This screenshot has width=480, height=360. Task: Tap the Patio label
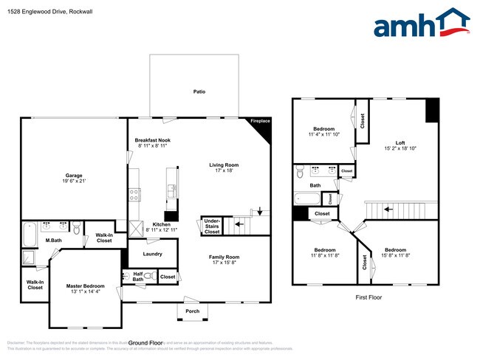coord(199,91)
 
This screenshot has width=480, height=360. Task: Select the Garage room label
coord(73,176)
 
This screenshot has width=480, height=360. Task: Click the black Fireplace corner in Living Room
coord(261,128)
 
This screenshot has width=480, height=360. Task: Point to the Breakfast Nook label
coord(153,140)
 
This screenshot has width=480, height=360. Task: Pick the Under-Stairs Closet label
coord(212,226)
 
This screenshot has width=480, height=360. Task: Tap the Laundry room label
coord(152,254)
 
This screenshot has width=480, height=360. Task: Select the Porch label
coord(192,311)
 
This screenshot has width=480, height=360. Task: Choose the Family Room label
coord(225,257)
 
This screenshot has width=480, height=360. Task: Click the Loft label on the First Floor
coord(400,142)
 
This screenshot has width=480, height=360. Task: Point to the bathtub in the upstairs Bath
coord(306,198)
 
